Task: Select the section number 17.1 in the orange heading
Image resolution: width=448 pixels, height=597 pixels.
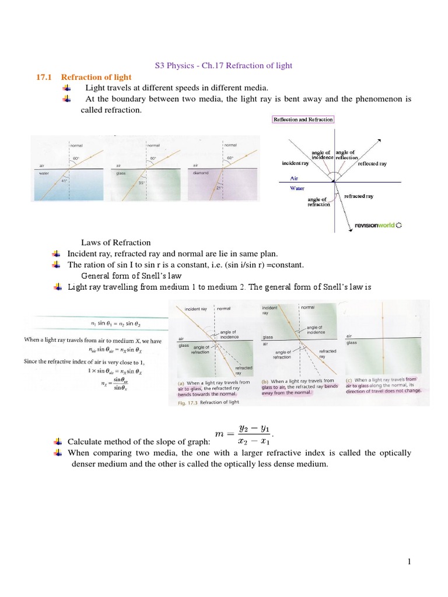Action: pos(45,77)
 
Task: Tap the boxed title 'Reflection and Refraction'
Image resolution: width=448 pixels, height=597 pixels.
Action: pos(303,120)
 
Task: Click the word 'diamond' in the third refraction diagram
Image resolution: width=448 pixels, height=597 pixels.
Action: pos(202,173)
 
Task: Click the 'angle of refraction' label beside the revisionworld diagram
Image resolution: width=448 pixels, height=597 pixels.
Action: pos(318,202)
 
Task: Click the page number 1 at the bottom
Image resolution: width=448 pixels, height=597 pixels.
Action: pos(409,561)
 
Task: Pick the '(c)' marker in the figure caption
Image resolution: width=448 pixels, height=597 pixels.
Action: pos(351,380)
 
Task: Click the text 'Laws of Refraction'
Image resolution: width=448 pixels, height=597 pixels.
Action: pos(116,243)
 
